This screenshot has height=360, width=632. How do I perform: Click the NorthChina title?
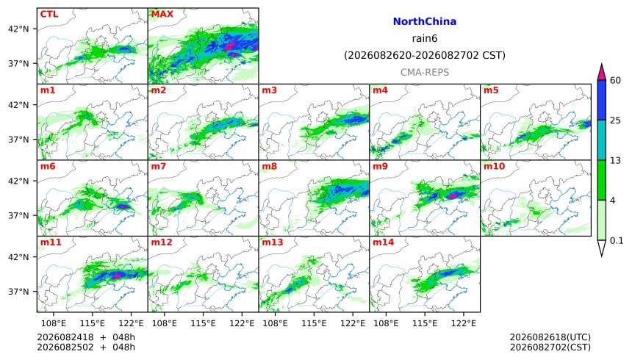425,22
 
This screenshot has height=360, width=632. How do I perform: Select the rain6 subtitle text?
425,39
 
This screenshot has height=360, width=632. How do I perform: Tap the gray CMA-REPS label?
425,73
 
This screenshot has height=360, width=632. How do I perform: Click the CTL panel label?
49,14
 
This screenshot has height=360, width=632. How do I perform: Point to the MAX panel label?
162,14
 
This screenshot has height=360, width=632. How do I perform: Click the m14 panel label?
383,242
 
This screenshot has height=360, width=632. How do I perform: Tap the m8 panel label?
269,166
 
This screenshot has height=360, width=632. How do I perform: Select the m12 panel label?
162,242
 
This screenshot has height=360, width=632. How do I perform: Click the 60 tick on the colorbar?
615,80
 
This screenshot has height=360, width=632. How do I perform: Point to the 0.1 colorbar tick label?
617,241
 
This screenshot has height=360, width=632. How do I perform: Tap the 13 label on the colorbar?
615,160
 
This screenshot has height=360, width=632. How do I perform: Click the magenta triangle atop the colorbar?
602,73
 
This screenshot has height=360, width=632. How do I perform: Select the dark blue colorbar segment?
602,100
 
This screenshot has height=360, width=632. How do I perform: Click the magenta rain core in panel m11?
118,276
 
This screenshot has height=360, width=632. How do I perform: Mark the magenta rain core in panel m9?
453,196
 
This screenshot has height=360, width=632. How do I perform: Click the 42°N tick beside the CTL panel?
18,29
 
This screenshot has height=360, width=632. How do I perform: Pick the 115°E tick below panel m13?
314,323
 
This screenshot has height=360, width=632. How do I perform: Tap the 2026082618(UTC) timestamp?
550,337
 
